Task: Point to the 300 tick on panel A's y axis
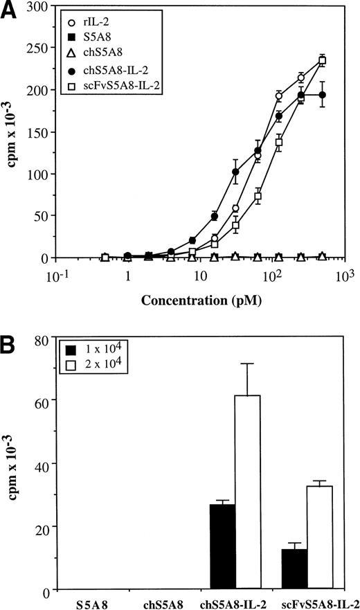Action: (44, 6)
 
